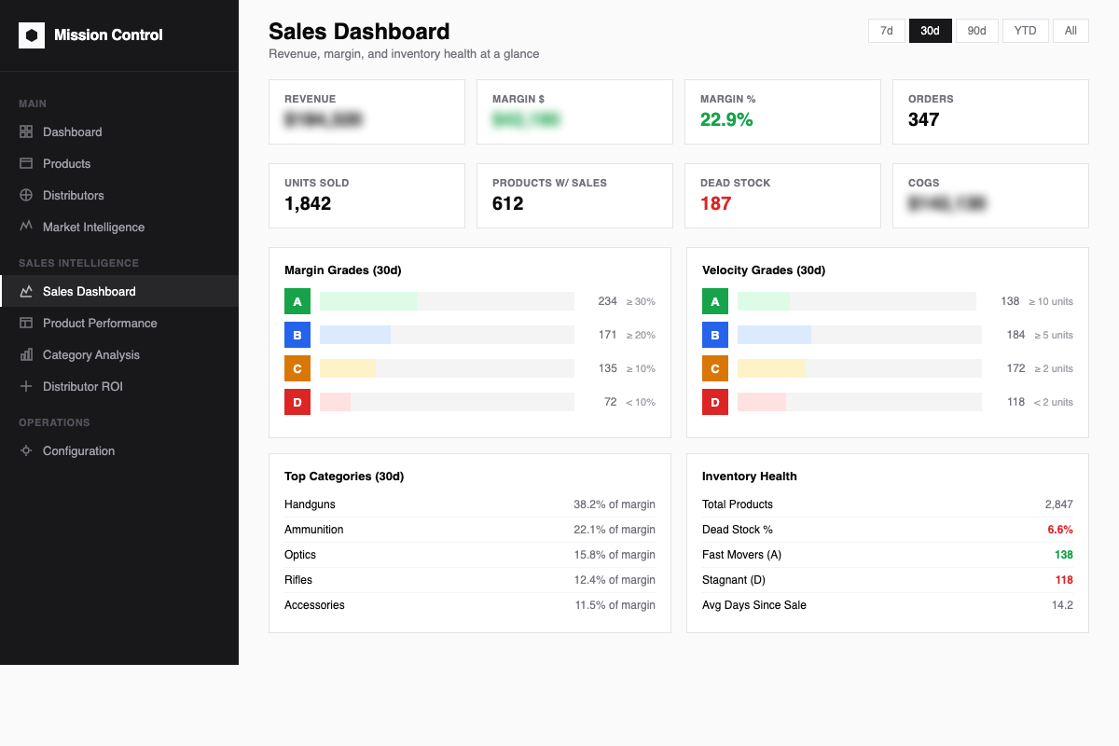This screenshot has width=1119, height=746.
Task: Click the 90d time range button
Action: [x=976, y=31]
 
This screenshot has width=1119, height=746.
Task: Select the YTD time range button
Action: [x=1025, y=31]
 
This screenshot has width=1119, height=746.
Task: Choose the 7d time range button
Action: [x=887, y=31]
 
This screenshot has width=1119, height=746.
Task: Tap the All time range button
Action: [x=1071, y=31]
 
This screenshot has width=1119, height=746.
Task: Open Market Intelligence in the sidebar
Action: [x=93, y=227]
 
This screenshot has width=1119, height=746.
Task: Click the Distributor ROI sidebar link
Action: [x=82, y=386]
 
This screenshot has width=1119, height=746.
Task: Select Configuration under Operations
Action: [x=78, y=450]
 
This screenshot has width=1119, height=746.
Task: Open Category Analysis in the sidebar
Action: [x=90, y=354]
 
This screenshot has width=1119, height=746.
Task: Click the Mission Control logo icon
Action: [x=32, y=35]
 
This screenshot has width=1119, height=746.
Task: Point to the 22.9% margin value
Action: [x=726, y=119]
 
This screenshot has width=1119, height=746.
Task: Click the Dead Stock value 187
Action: [x=715, y=203]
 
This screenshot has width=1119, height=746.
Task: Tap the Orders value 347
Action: [x=923, y=119]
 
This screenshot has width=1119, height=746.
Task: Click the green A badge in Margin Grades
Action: [x=297, y=301]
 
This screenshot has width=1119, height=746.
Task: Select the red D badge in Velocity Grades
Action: [x=715, y=402]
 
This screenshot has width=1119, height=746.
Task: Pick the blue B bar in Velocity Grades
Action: [x=774, y=335]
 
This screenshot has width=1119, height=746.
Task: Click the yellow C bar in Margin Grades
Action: [x=348, y=368]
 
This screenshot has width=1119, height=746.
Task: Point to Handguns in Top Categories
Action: [x=310, y=504]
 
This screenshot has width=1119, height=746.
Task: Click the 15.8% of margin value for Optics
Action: [x=615, y=555]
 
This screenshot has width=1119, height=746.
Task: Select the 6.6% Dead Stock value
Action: [x=1060, y=530]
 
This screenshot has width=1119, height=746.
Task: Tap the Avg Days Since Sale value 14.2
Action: [x=1062, y=605]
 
